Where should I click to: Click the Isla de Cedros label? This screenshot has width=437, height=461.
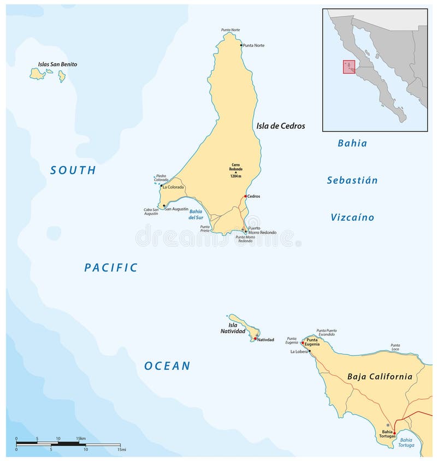[281, 126]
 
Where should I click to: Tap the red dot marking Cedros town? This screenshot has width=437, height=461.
[245, 196]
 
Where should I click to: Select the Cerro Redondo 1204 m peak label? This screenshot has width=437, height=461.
[236, 169]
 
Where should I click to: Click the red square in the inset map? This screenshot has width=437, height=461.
[349, 67]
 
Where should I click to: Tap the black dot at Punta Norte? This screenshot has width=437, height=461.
[240, 45]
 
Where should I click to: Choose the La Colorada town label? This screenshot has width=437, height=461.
[173, 187]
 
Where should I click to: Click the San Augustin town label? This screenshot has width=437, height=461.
[176, 209]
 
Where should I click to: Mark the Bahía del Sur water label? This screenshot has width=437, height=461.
[196, 214]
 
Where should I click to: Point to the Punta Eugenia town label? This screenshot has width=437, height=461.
[312, 342]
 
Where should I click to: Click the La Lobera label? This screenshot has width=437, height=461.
[299, 352]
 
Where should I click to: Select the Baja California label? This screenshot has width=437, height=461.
[380, 376]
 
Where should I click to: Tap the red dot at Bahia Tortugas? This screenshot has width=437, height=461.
[394, 433]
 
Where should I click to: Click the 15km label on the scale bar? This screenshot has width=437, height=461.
[81, 439]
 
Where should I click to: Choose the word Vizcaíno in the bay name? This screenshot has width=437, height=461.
[352, 217]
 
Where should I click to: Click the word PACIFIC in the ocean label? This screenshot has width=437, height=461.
[111, 268]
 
